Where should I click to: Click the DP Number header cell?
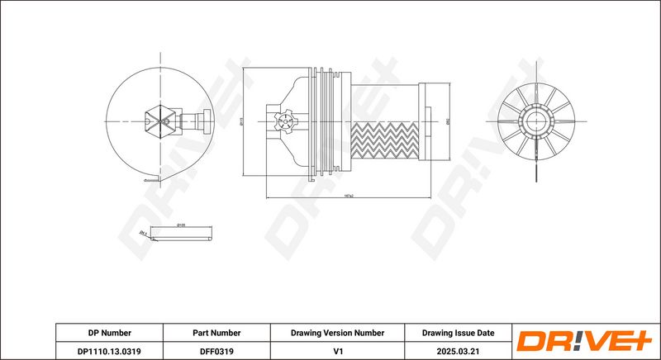point(110,333)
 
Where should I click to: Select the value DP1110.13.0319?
point(110,350)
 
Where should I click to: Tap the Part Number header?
point(217,333)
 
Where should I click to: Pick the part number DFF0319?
point(217,350)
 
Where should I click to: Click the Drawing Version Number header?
point(337,333)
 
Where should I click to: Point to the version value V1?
point(337,350)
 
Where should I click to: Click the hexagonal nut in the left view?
point(159,123)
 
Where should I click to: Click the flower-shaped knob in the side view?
point(285,125)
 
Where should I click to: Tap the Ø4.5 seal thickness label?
point(144,234)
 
